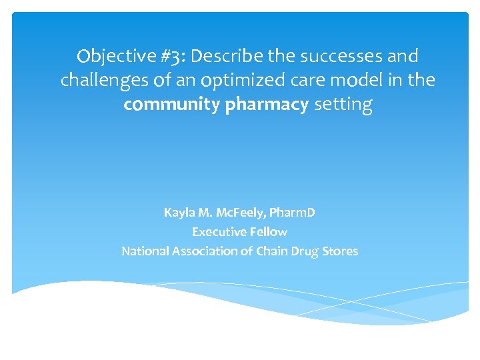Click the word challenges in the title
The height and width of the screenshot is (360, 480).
tap(101, 81)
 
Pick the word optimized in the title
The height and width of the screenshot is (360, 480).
tap(239, 81)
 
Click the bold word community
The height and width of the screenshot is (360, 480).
tap(169, 105)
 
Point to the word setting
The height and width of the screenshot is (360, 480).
tap(343, 105)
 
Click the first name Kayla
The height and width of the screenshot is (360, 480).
tap(179, 213)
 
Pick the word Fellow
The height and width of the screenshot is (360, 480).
tap(268, 232)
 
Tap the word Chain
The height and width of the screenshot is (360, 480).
tap(273, 251)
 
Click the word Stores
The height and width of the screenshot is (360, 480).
tap(341, 251)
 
